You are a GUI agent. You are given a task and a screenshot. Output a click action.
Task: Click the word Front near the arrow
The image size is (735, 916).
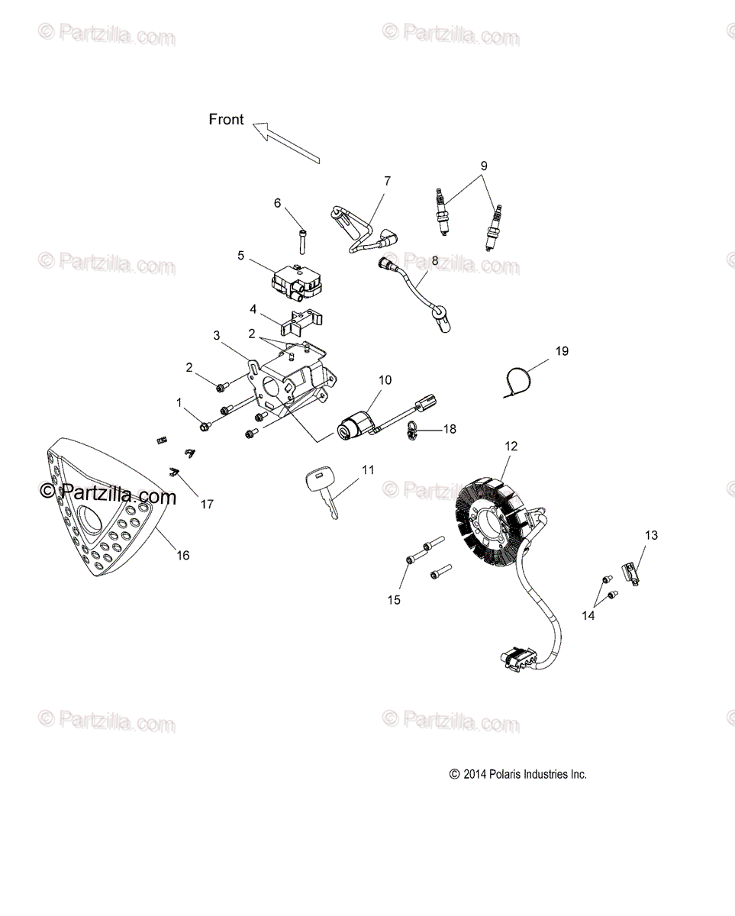pyautogui.click(x=226, y=119)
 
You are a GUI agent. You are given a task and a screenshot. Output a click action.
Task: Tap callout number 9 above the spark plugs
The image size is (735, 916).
pyautogui.click(x=483, y=166)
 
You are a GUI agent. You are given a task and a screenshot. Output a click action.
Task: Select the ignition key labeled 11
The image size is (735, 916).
pyautogui.click(x=321, y=491)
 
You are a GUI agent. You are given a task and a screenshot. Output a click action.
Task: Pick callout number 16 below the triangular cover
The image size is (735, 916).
pyautogui.click(x=183, y=555)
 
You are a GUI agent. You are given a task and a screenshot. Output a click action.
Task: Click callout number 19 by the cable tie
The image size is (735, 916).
pyautogui.click(x=562, y=351)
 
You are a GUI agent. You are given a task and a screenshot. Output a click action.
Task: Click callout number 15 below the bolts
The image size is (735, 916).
pyautogui.click(x=394, y=600)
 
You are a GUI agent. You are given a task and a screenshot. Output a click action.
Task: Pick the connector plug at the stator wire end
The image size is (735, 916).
pyautogui.click(x=516, y=657)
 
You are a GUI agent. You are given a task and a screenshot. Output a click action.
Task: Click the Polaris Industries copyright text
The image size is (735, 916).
pyautogui.click(x=518, y=774)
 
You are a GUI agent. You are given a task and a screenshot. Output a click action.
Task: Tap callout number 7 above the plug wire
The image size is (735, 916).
pyautogui.click(x=387, y=181)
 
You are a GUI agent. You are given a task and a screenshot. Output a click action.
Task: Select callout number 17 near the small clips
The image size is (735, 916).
pyautogui.click(x=206, y=504)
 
